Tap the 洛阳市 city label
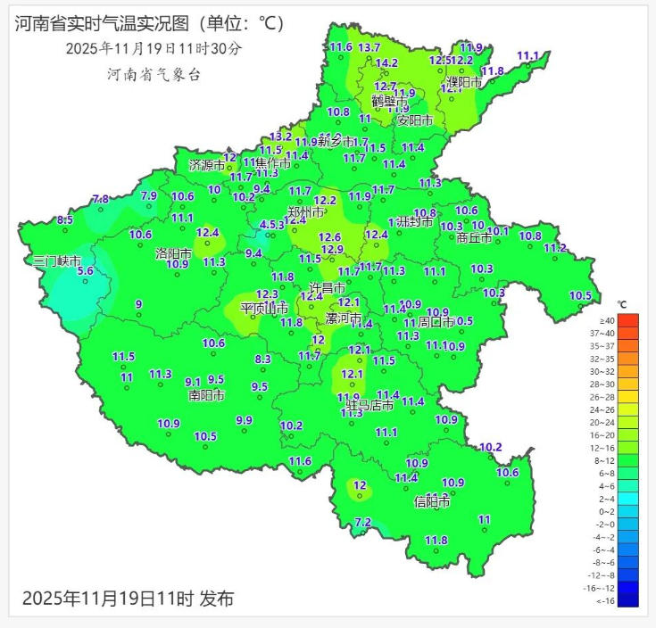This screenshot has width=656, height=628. pos(174,253)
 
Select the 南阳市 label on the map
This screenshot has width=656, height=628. pos(206,394)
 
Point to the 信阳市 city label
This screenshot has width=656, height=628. pos(432,502)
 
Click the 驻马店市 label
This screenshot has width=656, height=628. pos(370,406)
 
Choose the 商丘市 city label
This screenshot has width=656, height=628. pos(474,238)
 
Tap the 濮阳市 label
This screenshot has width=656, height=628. pos(464,82)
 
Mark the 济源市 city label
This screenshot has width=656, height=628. pos(207,165)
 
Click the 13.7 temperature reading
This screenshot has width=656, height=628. pos(369,47)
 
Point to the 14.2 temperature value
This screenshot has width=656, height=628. pos(386,63)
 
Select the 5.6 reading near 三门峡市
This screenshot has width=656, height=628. pos(86,271)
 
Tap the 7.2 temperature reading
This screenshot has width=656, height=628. pos(362,523)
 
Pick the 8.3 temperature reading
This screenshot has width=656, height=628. pos(262,359)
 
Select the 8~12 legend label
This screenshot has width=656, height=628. pos(607,460)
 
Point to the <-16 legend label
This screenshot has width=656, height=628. pos(607,601)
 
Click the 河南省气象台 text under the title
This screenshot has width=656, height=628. pos(154,75)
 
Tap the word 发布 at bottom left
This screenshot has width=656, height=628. pos(216,598)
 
